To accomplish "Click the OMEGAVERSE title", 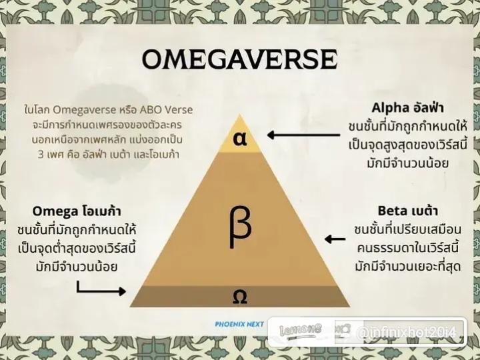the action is click(240, 59).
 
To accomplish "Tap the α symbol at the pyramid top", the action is click(240, 139).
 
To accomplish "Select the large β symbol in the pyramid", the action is click(240, 226).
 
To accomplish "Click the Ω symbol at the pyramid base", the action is click(240, 296).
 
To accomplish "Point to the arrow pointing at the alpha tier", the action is click(303, 135).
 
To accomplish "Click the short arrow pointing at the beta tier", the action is click(335, 239).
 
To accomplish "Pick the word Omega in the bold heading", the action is click(55, 211).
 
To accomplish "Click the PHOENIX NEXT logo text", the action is click(239, 324).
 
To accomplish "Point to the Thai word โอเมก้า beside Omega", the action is click(101, 211).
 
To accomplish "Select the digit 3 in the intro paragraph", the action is click(41, 154).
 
